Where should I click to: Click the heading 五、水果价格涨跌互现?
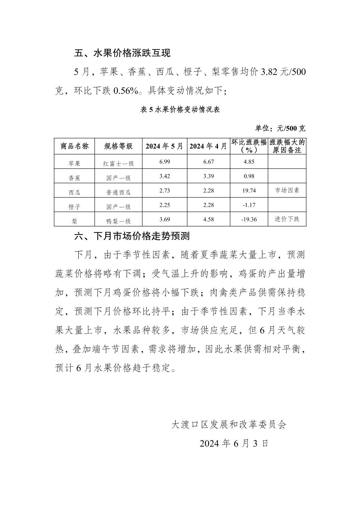[x=122, y=53]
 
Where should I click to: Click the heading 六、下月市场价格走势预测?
[x=132, y=236]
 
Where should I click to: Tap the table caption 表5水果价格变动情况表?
[x=180, y=110]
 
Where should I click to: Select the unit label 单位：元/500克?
[x=280, y=128]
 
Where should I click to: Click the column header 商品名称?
[x=74, y=146]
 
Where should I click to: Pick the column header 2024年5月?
[x=164, y=146]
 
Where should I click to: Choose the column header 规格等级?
[x=118, y=146]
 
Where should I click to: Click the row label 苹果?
[x=74, y=163]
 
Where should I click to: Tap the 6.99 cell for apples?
[x=165, y=162]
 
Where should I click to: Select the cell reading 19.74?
[x=249, y=191]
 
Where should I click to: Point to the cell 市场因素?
[x=287, y=190]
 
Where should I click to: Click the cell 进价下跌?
[x=287, y=219]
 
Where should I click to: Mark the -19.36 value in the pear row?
[x=249, y=219]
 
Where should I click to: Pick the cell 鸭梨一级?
[x=118, y=221]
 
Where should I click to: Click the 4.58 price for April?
[x=208, y=219]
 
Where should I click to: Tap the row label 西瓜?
[x=74, y=192]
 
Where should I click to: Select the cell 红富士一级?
[x=118, y=163]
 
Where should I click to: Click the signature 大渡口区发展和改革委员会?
[x=229, y=425]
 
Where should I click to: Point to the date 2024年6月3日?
[x=234, y=443]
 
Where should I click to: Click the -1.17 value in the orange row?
[x=249, y=205]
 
